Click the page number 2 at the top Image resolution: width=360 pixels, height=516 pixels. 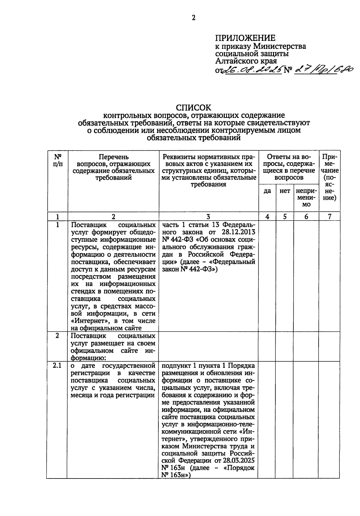point(193,18)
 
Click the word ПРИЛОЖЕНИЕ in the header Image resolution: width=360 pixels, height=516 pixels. point(245,38)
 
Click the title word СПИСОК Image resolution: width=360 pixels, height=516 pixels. point(193,108)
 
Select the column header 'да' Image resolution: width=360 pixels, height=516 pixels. point(267,191)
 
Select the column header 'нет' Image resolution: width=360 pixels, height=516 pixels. point(285,191)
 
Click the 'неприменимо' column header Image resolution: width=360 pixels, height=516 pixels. point(306,198)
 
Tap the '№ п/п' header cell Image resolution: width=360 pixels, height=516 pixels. point(58,160)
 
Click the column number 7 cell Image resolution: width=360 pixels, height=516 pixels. point(329,216)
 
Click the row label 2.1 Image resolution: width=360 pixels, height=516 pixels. point(57,365)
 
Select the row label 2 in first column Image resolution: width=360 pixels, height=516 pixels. point(57,336)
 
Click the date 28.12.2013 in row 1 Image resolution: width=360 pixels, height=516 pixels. point(239,232)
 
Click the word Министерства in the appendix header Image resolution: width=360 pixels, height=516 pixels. point(280,46)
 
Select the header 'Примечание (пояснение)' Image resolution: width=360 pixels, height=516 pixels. point(329,177)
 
